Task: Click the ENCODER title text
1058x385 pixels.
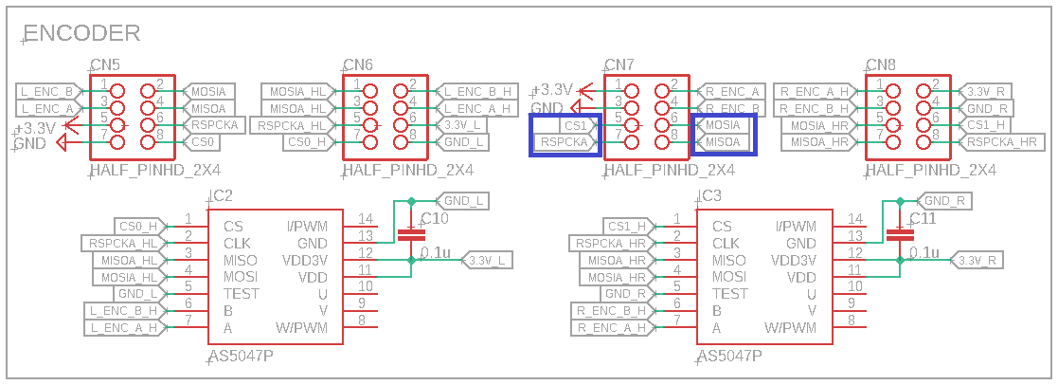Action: pos(81,33)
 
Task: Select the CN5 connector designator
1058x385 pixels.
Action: pos(104,65)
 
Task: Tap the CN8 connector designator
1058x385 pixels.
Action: pos(881,65)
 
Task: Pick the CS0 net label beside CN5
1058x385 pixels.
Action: pos(205,142)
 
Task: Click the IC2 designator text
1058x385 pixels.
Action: pos(221,196)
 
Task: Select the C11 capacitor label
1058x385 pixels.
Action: pos(923,219)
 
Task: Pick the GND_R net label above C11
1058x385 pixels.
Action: pos(942,201)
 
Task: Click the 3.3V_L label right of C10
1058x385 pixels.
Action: pos(489,260)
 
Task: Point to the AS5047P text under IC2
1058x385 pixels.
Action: pos(241,358)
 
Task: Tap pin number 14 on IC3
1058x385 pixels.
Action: pos(854,220)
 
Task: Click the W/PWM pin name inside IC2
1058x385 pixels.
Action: pos(300,328)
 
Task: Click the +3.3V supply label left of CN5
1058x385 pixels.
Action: pos(36,127)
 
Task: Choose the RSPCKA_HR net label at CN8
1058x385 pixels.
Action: pos(1004,142)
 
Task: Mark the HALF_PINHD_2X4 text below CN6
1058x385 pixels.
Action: pos(408,171)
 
